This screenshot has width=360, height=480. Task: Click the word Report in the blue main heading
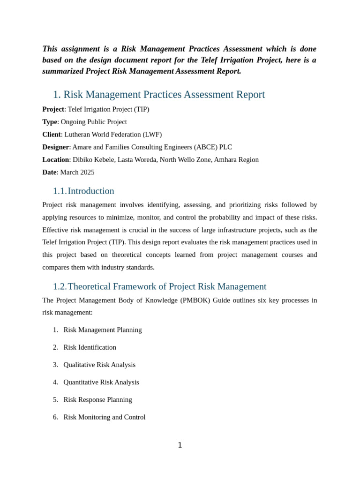pos(249,95)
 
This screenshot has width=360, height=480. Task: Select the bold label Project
pos(53,109)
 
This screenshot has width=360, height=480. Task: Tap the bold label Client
pos(52,135)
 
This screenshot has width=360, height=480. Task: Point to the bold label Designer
pos(56,147)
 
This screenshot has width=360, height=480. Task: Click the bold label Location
pos(56,160)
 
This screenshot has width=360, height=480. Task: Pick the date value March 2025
pos(77,172)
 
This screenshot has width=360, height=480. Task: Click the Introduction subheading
pos(91,191)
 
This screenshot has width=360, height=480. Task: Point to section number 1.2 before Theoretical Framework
pos(60,286)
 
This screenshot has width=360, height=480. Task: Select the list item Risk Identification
pos(90,347)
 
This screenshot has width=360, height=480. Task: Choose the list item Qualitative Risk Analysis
pos(99,365)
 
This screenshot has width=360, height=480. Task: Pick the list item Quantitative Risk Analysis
pos(101,382)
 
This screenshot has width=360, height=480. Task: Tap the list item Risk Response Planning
pos(97,400)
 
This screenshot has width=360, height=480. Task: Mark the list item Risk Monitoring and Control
pos(105,417)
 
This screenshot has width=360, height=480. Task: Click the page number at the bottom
pos(180,445)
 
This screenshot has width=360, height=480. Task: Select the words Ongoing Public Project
pos(94,122)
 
